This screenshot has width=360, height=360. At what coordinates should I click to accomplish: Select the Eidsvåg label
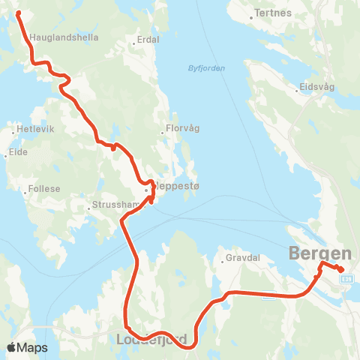[x=316, y=86]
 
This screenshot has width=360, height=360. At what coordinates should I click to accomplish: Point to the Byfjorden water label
[x=206, y=68]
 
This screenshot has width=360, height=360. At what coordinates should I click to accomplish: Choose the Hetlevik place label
[x=34, y=130]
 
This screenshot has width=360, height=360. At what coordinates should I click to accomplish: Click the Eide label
[x=19, y=152]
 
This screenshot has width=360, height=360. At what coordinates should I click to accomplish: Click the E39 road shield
[x=346, y=279]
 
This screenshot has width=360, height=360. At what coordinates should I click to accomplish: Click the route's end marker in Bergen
[x=341, y=270]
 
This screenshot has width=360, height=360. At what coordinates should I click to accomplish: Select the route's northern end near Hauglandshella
[x=17, y=13]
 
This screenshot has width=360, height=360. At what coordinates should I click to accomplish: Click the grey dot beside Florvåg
[x=163, y=133]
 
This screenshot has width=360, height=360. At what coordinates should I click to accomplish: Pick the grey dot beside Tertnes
[x=252, y=13]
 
